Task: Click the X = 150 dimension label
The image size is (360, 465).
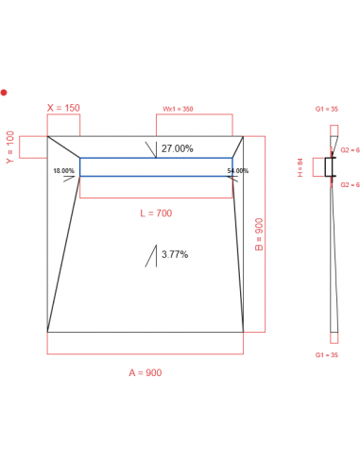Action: [x=64, y=108]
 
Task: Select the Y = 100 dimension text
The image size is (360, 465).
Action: [x=11, y=147]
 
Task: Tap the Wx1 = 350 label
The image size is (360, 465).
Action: [x=179, y=109]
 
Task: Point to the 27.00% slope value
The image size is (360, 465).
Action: [x=178, y=148]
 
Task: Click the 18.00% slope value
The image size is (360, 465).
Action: [x=64, y=170]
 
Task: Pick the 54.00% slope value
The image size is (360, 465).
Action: [x=238, y=170]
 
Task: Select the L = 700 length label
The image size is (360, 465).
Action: [x=156, y=214]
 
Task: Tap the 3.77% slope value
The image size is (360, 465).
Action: [x=175, y=254]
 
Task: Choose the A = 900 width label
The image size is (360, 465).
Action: [x=146, y=372]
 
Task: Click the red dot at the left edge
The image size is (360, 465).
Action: [x=4, y=92]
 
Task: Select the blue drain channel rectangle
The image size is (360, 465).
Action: [x=156, y=166]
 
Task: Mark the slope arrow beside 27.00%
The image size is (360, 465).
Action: [x=151, y=149]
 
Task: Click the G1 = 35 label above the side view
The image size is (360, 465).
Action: [x=328, y=110]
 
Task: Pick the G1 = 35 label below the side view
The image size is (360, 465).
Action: [x=328, y=355]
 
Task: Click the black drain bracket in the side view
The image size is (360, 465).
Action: [x=331, y=167]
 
